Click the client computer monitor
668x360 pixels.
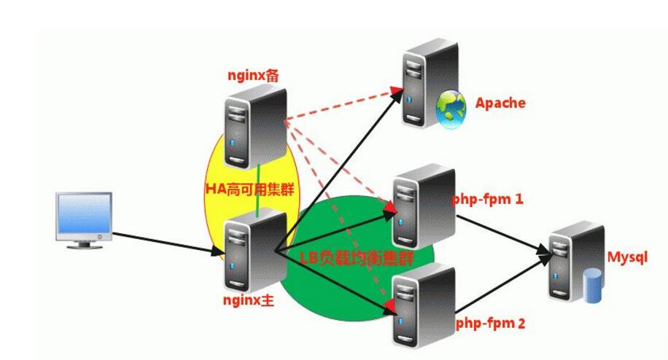(85, 216)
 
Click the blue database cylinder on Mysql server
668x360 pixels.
(592, 286)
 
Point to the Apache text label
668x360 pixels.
(500, 103)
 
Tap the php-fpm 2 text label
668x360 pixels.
(490, 321)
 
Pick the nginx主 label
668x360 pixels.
(249, 300)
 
